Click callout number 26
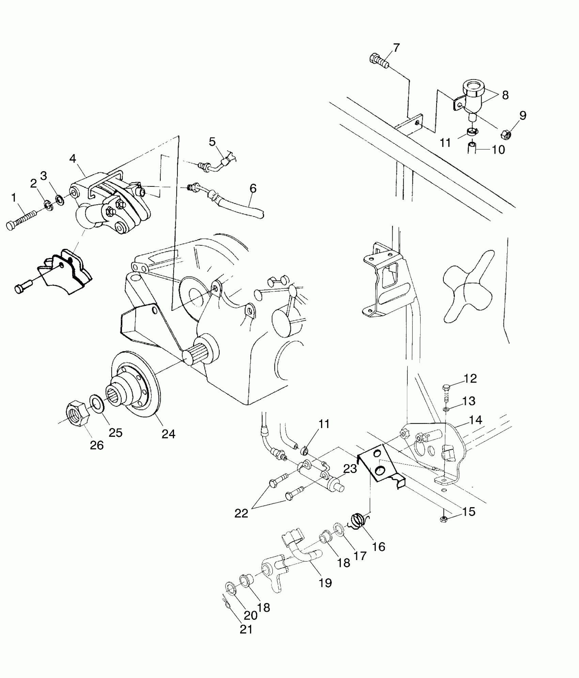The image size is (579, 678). coord(97,445)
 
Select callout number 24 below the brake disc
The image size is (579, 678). coord(168,434)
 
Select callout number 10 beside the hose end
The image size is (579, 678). coord(498,150)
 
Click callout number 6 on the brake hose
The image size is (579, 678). coord(253,188)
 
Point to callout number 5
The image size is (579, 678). coord(212,141)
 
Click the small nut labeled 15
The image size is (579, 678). coord(443,528)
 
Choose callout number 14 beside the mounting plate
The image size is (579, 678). coord(475,420)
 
